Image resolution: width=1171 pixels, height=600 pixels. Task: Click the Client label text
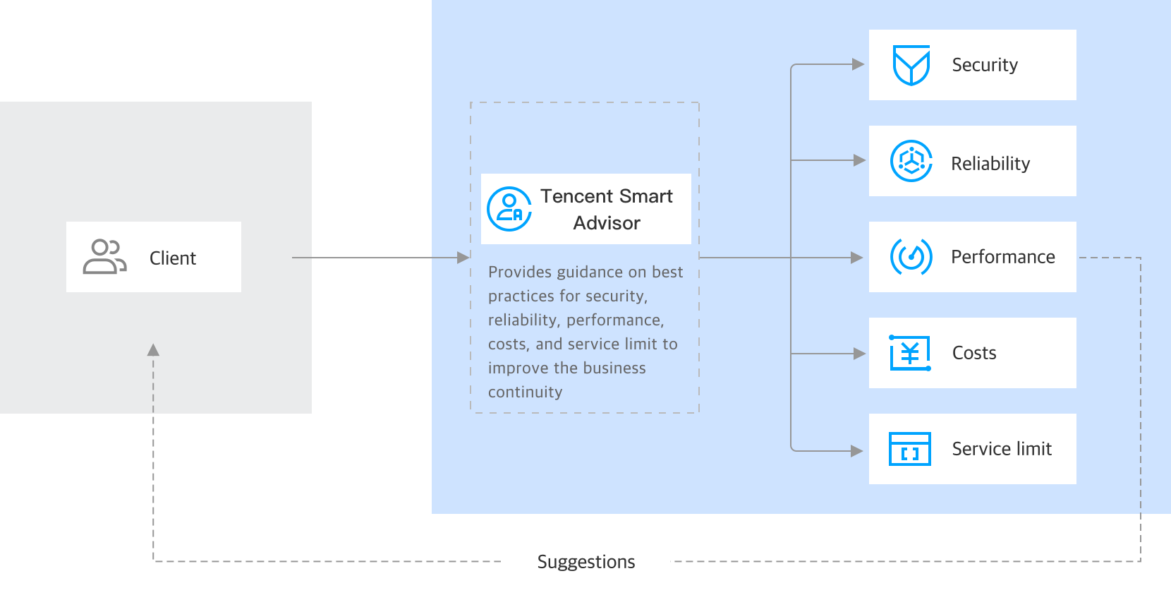click(x=172, y=258)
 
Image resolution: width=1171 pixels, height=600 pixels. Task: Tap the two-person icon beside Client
click(x=104, y=257)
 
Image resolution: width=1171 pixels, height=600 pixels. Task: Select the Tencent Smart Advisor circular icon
click(x=509, y=209)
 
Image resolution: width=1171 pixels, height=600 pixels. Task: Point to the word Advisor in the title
click(x=607, y=223)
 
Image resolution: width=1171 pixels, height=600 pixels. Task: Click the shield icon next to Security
click(x=911, y=65)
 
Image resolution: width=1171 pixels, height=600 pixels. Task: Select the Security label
click(x=985, y=65)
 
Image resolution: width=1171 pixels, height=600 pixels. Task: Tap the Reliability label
click(x=990, y=164)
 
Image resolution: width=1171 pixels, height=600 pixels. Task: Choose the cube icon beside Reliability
click(x=911, y=161)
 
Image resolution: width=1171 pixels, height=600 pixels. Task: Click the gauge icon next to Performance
click(x=911, y=257)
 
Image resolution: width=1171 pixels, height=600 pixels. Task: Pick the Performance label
click(x=1002, y=257)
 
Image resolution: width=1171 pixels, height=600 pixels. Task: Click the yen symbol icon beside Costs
click(x=910, y=353)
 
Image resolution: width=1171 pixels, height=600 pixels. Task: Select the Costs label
click(x=974, y=353)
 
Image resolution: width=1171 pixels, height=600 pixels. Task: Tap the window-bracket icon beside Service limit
click(x=910, y=449)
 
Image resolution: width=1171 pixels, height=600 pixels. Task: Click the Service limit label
click(x=1002, y=449)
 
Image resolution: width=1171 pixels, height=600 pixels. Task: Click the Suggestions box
click(x=585, y=563)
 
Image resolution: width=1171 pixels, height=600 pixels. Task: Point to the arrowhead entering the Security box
click(x=858, y=64)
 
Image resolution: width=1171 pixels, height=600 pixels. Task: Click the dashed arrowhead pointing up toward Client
click(x=153, y=350)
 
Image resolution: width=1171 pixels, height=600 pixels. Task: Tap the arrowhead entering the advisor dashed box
click(x=463, y=258)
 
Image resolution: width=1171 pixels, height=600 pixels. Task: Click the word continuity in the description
click(x=525, y=392)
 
